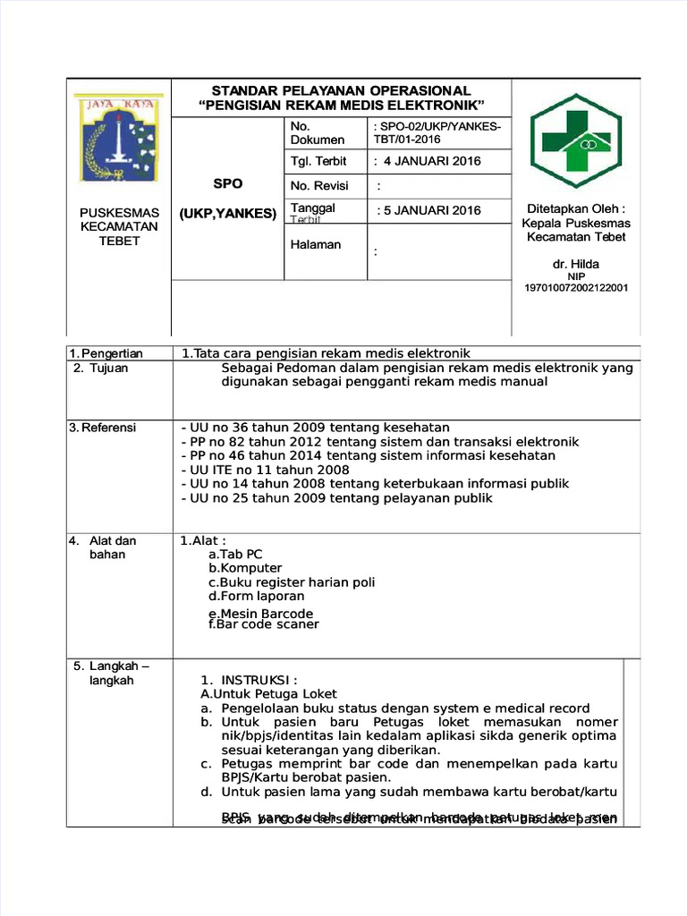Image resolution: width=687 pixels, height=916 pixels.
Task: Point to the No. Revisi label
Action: [319, 186]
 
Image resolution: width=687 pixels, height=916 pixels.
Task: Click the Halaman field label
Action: [316, 244]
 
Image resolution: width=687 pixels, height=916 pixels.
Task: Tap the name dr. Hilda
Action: [576, 264]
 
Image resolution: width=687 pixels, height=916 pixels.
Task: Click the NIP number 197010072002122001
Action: [576, 288]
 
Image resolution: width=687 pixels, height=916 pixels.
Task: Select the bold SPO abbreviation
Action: [227, 184]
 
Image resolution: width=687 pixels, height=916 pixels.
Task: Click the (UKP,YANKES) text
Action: [227, 214]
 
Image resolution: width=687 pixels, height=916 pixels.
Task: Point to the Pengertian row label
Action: [110, 353]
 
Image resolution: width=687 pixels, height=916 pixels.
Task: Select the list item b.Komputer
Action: [245, 568]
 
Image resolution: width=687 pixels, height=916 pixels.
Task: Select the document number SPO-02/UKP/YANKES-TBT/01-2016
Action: [437, 133]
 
